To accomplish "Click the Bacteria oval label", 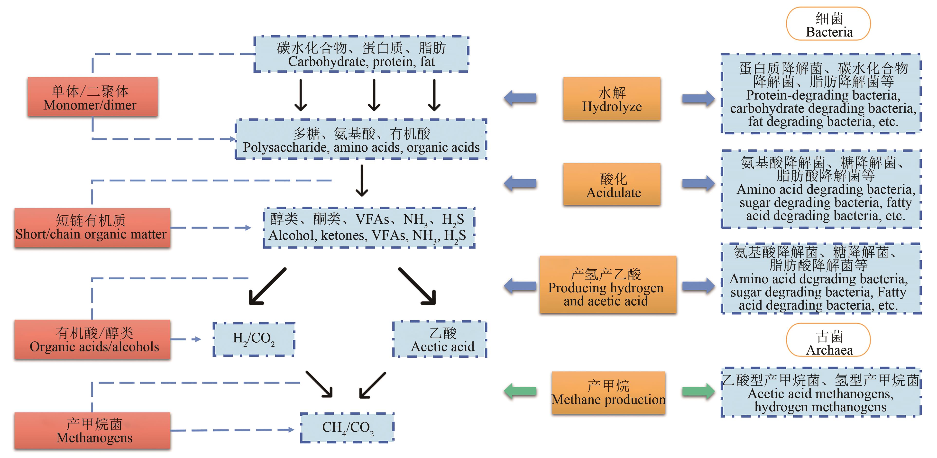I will pos(828,24).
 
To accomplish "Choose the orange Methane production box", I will pos(608,393).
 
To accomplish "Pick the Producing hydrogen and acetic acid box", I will pos(608,284).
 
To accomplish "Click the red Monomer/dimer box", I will pos(92,97).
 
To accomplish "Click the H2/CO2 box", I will pos(254,339).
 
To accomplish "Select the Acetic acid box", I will pos(439,339).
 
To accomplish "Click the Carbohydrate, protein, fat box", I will pos(361,54).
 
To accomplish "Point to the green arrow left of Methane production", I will pos(520,391).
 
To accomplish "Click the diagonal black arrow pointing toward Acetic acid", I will pos(418,286).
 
